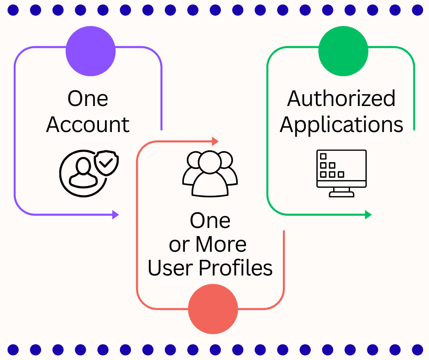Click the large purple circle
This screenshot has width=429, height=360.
click(x=90, y=51)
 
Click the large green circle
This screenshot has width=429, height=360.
click(x=343, y=51)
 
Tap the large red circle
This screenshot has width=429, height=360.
click(x=213, y=309)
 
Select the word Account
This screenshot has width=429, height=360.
click(x=88, y=125)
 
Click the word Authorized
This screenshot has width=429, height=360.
click(x=341, y=98)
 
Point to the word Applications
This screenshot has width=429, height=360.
click(x=341, y=125)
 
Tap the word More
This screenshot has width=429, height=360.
click(x=221, y=244)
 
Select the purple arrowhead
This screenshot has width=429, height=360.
click(x=115, y=215)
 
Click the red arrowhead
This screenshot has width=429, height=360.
click(x=215, y=141)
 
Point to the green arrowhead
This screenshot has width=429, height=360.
click(x=368, y=215)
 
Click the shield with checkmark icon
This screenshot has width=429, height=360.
click(x=106, y=163)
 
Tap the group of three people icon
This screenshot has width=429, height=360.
click(x=210, y=174)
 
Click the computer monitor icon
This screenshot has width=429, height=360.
click(x=341, y=173)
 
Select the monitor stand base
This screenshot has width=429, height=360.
click(x=341, y=194)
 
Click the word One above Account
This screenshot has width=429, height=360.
click(x=88, y=99)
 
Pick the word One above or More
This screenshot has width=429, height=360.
click(x=210, y=221)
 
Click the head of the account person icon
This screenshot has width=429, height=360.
click(x=83, y=165)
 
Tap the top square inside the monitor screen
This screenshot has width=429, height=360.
click(x=324, y=156)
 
